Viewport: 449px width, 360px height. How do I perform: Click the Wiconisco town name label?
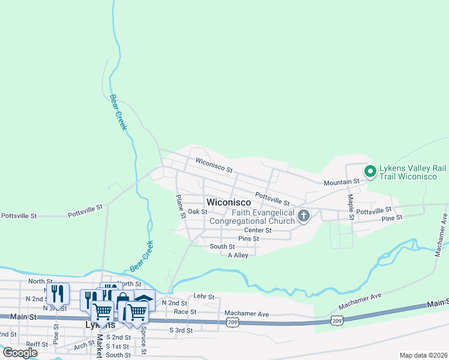tap(229, 202)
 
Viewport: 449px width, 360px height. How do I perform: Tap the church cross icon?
tap(304, 216)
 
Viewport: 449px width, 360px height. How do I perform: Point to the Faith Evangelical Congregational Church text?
tap(260, 217)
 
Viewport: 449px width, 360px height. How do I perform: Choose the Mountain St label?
tap(341, 182)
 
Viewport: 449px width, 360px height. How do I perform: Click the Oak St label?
tap(197, 212)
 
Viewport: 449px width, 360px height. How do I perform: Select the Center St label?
tap(258, 230)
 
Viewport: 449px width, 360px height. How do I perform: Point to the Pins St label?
tap(248, 239)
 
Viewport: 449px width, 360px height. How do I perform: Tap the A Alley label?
tap(238, 255)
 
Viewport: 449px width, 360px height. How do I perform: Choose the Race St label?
tap(184, 312)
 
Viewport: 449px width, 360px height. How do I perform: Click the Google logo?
tap(20, 353)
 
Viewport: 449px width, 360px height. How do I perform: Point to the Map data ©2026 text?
tap(423, 355)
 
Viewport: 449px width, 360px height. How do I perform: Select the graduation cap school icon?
tap(144, 298)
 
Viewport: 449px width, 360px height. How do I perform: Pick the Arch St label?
tap(80, 346)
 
